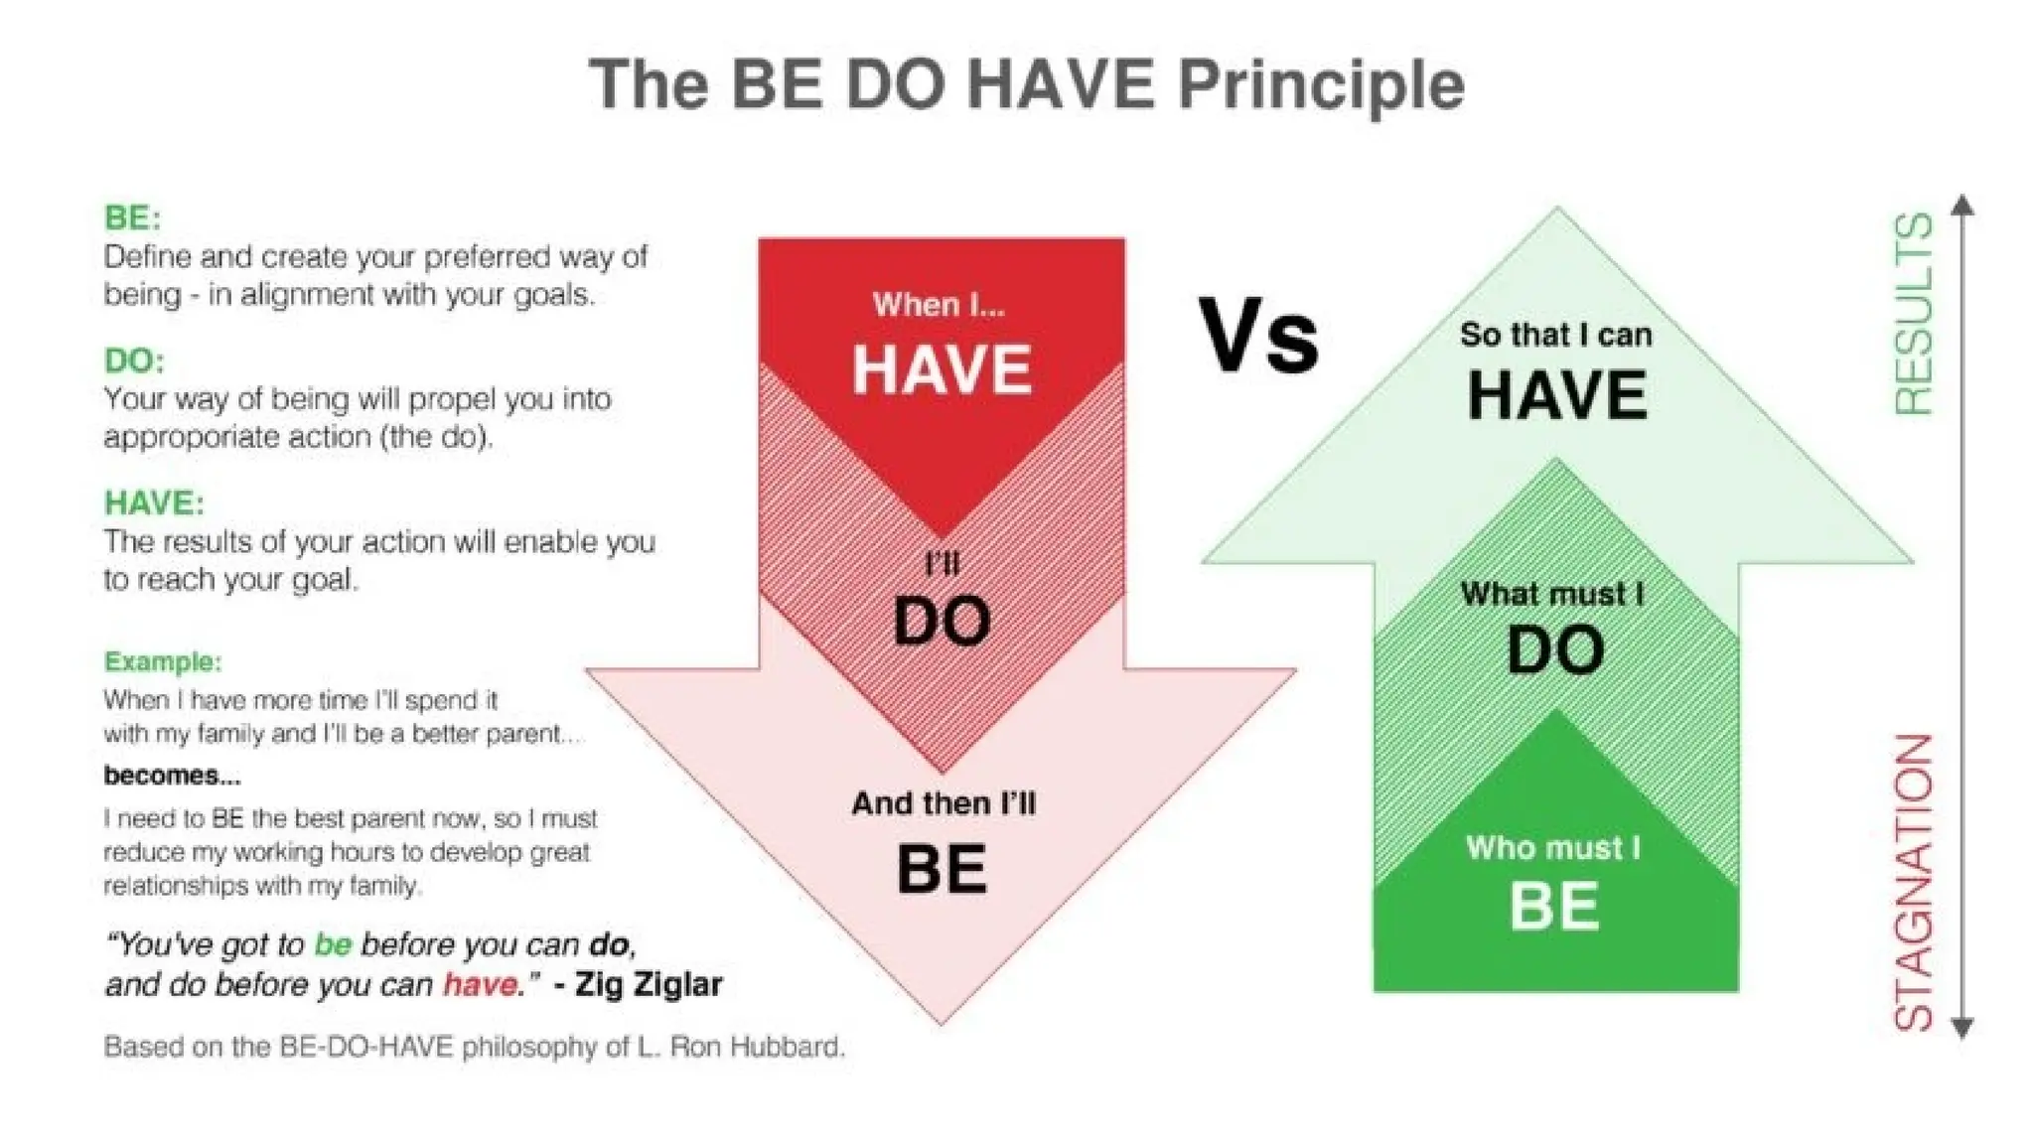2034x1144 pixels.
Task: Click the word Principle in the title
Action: (x=1320, y=85)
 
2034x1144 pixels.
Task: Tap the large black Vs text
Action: (x=1258, y=337)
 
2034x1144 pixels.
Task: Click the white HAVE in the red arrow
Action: (x=942, y=369)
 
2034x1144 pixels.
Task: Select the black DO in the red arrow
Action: (x=942, y=622)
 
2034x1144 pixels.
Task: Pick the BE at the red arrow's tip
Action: (x=942, y=869)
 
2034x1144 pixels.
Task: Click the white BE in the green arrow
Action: (x=1554, y=906)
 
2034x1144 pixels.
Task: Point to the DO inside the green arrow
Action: (x=1555, y=651)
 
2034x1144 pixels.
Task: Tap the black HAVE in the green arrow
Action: (x=1556, y=395)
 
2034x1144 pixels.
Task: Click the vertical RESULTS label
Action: (x=1914, y=314)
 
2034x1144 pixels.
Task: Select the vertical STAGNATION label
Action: (x=1914, y=882)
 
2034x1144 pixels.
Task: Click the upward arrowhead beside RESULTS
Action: (x=1962, y=206)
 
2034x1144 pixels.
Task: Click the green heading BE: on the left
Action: (x=132, y=217)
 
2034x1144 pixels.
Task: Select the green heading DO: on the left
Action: (x=134, y=359)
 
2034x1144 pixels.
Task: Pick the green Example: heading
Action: (x=163, y=661)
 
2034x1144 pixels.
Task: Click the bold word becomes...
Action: (x=171, y=775)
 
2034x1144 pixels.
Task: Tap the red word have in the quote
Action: (x=481, y=984)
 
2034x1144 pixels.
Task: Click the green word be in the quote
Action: (x=333, y=943)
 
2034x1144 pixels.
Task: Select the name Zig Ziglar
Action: (x=649, y=984)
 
